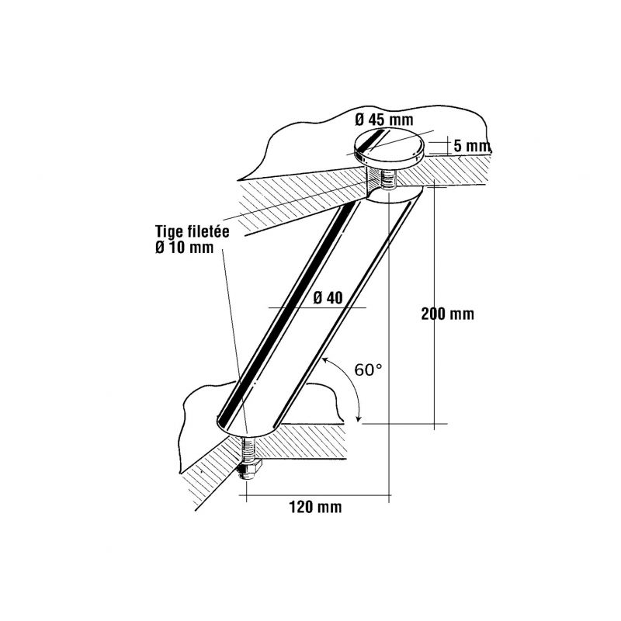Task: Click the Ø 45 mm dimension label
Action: [383, 120]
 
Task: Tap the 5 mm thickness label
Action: [472, 146]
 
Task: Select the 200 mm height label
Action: [448, 314]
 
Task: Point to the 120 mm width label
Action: [315, 507]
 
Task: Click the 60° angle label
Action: [368, 370]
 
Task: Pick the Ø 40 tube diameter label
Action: [328, 298]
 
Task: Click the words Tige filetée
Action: [192, 231]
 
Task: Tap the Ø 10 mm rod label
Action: [184, 248]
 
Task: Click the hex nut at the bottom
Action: [248, 470]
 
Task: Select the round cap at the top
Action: [390, 146]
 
